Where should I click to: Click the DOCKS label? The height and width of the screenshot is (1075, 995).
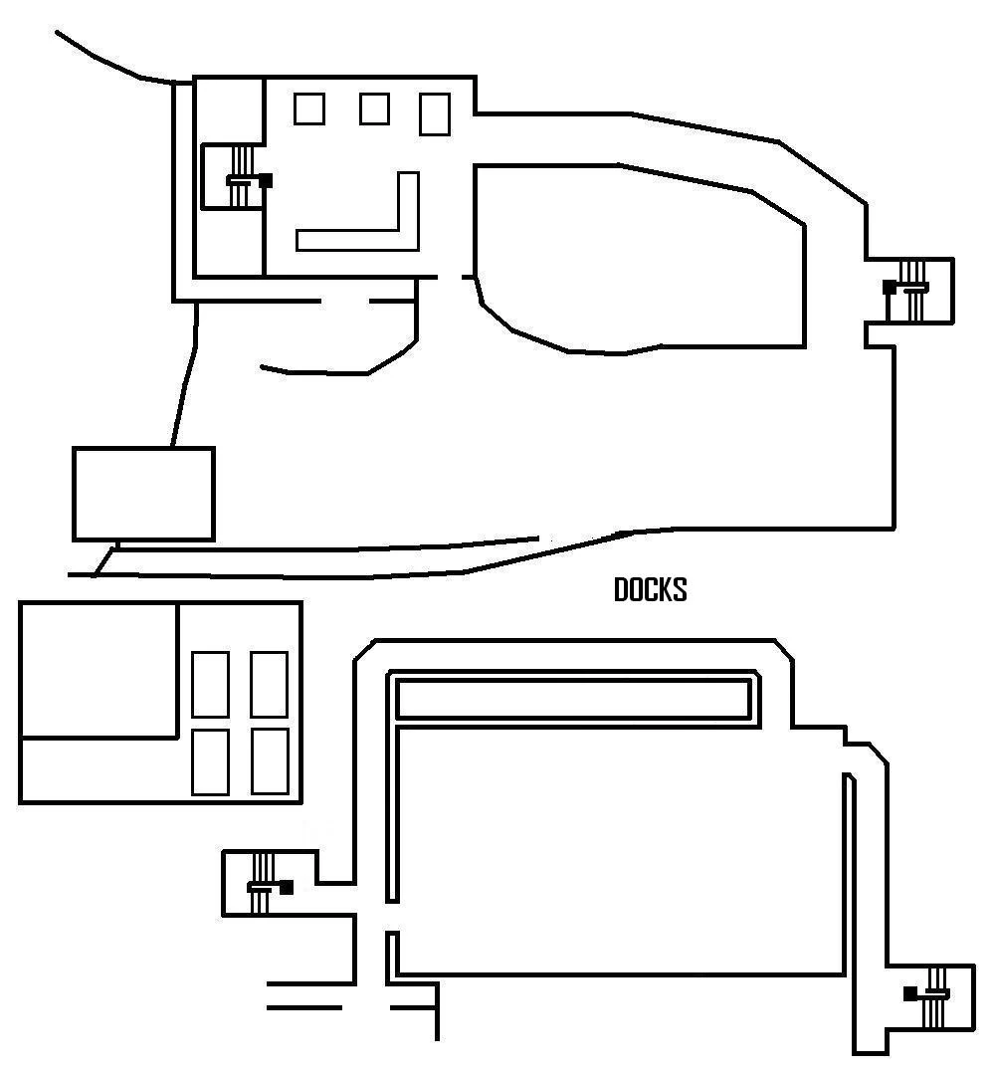pos(650,590)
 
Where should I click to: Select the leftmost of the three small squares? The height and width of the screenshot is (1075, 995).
pos(309,108)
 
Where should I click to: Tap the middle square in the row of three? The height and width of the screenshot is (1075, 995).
pos(374,108)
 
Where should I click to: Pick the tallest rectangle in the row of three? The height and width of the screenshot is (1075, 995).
pos(435,113)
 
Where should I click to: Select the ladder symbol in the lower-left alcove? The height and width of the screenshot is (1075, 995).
pos(263,884)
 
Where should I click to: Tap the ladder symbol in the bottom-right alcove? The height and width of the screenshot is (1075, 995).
pos(934,995)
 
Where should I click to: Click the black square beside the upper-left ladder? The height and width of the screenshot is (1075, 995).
pos(266,180)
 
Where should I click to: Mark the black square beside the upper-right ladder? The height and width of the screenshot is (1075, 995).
pos(889,288)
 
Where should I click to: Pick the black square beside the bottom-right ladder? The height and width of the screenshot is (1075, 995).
pos(910,993)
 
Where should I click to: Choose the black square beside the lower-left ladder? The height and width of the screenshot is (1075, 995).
pos(287,887)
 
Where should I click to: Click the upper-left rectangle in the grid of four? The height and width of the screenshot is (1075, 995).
pos(210,684)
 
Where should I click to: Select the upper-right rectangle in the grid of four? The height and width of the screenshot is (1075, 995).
pos(269,684)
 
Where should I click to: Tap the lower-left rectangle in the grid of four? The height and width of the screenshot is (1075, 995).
pos(210,761)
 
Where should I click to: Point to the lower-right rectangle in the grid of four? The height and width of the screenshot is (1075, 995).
pos(269,761)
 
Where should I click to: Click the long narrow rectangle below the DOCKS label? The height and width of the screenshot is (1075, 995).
pos(573,699)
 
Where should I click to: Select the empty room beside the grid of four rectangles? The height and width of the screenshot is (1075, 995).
pos(98,669)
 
